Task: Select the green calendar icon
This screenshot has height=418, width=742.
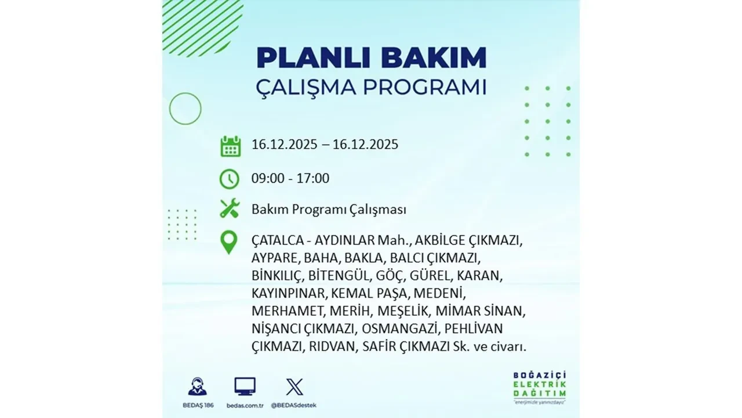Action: [230, 146]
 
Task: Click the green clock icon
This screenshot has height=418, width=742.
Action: [230, 179]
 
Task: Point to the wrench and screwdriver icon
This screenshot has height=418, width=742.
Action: [230, 208]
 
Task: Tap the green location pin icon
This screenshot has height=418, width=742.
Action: [229, 243]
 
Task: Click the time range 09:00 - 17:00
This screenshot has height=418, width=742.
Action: [290, 178]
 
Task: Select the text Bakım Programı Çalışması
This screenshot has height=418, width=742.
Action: [329, 210]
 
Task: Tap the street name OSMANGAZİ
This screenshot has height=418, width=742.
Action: [401, 329]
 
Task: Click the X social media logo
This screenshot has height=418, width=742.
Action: [294, 387]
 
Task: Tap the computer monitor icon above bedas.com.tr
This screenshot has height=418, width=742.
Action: [245, 387]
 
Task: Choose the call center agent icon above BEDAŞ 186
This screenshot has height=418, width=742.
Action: [197, 387]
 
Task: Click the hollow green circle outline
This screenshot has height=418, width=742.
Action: [185, 109]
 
